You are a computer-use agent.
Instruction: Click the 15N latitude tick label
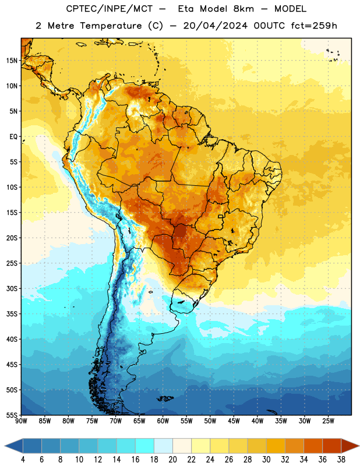click(x=12, y=61)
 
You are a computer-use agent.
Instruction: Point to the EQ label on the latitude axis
click(x=13, y=137)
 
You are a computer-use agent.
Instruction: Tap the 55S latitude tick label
click(x=12, y=415)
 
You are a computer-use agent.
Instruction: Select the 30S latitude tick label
click(x=12, y=288)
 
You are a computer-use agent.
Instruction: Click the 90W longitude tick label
click(x=22, y=421)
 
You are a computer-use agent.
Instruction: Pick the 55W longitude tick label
click(x=186, y=421)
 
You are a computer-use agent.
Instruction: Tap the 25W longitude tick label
click(x=328, y=421)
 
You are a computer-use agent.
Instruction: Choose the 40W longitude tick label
click(x=257, y=421)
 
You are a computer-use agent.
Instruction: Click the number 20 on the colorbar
click(x=172, y=460)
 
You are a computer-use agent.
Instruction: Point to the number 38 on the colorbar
click(x=341, y=460)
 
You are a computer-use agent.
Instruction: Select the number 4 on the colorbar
click(x=23, y=460)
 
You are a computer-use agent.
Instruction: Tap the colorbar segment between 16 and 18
click(x=145, y=446)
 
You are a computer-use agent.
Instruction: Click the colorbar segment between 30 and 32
click(x=276, y=446)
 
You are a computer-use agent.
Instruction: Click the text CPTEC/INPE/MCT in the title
click(x=110, y=9)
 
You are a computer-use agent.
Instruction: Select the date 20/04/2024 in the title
click(x=215, y=26)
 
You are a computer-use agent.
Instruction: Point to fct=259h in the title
click(x=314, y=26)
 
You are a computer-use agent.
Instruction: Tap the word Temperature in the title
click(x=111, y=26)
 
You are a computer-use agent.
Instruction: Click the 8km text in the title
click(x=243, y=9)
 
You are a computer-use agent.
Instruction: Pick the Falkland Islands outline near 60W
click(x=165, y=398)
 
